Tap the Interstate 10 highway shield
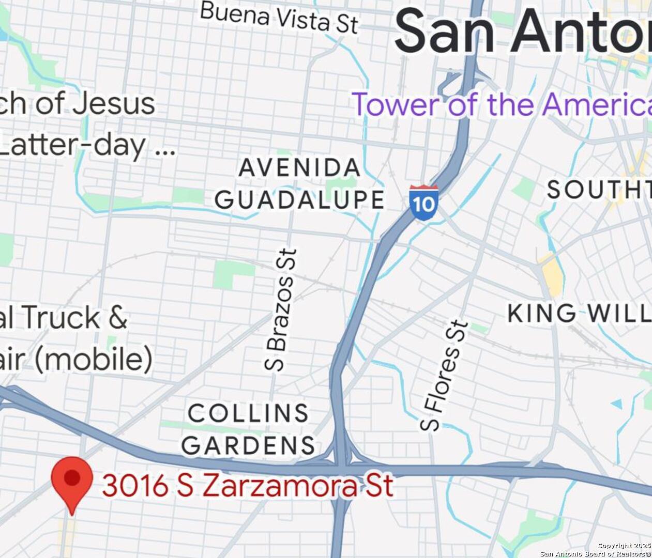coord(423,203)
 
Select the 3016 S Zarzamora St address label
coord(248,486)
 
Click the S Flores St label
coord(445,376)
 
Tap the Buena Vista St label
coord(279,17)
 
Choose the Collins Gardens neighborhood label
coord(248,429)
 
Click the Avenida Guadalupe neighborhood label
coord(300,184)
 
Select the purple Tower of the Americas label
coord(502,104)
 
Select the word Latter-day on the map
coord(72,145)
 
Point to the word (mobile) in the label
coord(94,359)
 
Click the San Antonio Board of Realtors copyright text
coord(595,553)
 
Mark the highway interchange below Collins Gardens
coord(341,460)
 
